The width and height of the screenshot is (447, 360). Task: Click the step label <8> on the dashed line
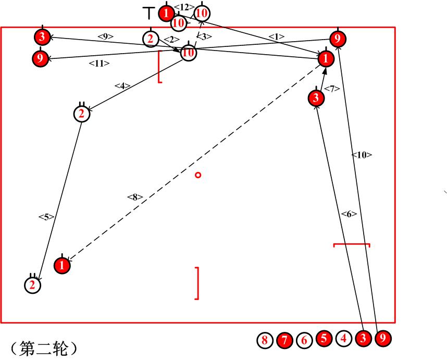(x=134, y=197)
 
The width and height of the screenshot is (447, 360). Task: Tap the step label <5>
(x=46, y=217)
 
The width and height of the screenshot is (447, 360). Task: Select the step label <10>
(x=362, y=155)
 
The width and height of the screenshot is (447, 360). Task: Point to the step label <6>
(x=349, y=214)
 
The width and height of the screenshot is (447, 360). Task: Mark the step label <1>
(x=276, y=36)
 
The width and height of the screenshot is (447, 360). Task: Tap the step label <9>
(x=106, y=36)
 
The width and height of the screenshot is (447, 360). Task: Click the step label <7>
(x=332, y=89)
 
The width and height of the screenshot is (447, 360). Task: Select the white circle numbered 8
(x=265, y=341)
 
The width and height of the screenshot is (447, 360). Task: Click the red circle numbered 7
(x=284, y=341)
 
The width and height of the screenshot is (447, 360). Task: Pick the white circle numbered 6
(x=304, y=341)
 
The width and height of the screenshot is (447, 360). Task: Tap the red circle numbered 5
(x=324, y=339)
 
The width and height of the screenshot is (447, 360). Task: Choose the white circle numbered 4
(x=343, y=339)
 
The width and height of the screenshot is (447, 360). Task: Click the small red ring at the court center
(x=198, y=175)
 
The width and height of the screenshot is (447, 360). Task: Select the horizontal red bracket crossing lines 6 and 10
(x=352, y=244)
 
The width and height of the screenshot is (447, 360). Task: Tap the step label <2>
(x=168, y=40)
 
